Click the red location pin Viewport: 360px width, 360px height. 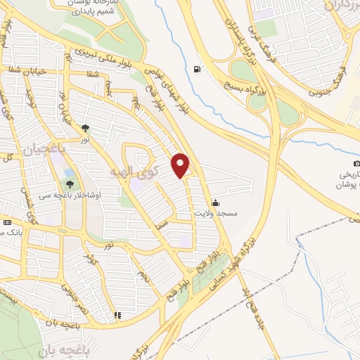click(x=181, y=165)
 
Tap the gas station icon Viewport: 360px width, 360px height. click(x=196, y=69)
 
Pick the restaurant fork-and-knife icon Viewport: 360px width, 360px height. click(x=117, y=316)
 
